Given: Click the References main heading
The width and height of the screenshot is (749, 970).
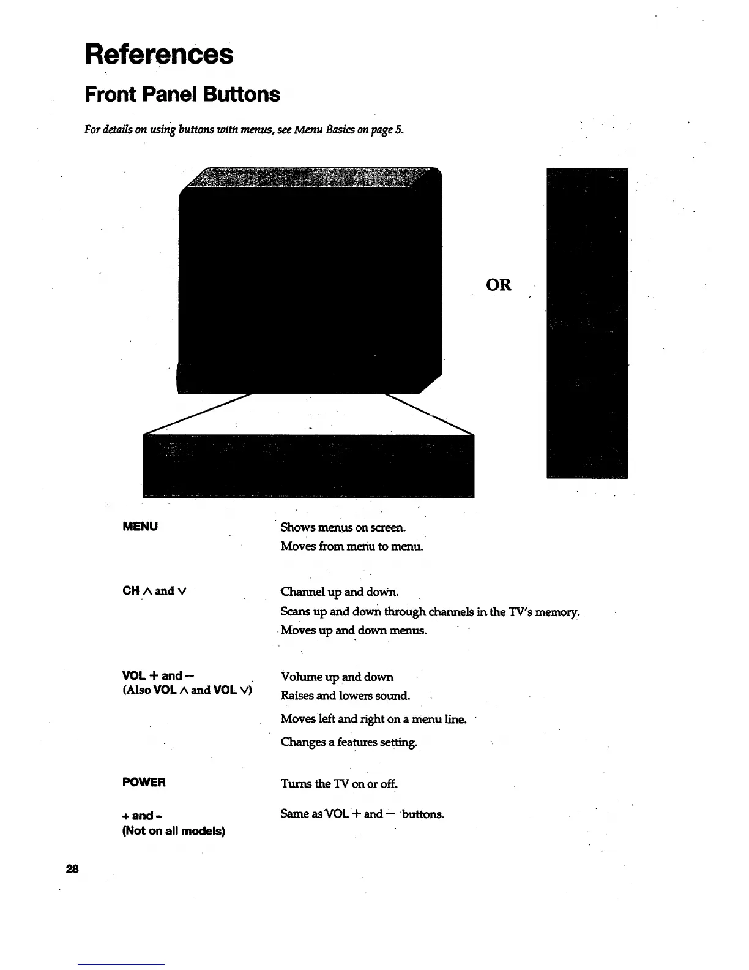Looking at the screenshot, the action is (x=159, y=54).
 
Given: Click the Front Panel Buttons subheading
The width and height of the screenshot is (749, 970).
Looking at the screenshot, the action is (x=182, y=94).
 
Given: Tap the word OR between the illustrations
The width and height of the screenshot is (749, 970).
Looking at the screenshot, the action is (x=498, y=285).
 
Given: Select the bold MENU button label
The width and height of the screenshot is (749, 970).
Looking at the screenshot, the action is (x=140, y=527).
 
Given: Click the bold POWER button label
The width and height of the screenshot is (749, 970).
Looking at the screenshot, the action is (x=144, y=783).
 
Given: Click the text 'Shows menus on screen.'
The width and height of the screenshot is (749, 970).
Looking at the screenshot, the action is (x=343, y=527).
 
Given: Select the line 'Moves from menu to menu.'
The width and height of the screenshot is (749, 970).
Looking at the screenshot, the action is (x=352, y=546).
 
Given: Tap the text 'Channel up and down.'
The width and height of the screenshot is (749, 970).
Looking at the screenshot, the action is (x=340, y=592).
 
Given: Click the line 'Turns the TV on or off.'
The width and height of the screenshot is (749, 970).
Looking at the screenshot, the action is (x=339, y=784).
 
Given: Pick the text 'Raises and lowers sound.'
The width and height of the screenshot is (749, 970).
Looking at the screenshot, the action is (x=345, y=696).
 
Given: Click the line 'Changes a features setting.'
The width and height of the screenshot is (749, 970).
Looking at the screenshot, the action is (x=349, y=742).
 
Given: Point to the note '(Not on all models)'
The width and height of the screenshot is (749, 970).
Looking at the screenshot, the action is (x=174, y=831).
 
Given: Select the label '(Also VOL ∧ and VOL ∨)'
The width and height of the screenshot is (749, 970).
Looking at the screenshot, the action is (x=188, y=690).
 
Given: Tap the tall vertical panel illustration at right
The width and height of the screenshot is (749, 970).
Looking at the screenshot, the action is (x=587, y=323).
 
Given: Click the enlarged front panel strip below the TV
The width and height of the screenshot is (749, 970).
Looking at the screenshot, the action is (x=308, y=465).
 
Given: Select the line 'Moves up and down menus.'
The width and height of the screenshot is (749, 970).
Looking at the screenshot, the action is (x=354, y=630).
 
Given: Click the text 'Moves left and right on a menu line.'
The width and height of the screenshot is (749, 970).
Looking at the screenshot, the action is (x=373, y=719).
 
